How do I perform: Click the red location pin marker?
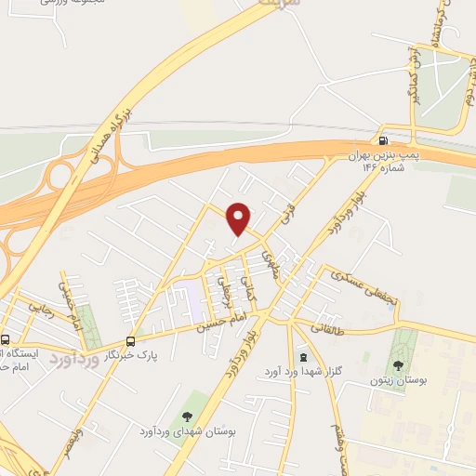pos(239,218)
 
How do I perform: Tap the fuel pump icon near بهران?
pos(384,140)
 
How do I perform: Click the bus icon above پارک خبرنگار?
pos(129,341)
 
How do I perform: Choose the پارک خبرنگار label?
pos(128,354)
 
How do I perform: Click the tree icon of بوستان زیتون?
pos(401,366)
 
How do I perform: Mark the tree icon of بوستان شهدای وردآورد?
pos(189,416)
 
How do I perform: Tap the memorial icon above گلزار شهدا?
pos(303,358)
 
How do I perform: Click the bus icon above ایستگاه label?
pos(6,340)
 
